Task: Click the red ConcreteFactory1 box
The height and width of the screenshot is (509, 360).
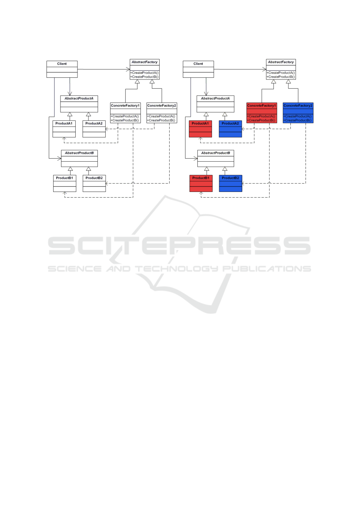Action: (x=261, y=113)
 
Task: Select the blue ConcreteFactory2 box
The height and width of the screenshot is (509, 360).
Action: (x=298, y=113)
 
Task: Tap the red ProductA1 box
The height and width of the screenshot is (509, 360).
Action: (x=200, y=129)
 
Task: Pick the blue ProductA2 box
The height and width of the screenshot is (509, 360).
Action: (x=230, y=129)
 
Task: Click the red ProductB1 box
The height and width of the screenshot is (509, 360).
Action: (x=201, y=183)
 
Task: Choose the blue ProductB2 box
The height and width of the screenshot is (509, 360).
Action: (x=230, y=183)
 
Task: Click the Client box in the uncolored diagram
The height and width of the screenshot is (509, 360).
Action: (x=62, y=69)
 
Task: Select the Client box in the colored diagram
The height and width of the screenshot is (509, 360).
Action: (x=198, y=69)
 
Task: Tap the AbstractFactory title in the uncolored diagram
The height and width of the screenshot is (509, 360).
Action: (x=144, y=62)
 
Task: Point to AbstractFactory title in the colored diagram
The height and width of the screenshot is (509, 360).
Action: (x=281, y=62)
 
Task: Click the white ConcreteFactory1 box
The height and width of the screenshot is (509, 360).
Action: (x=125, y=113)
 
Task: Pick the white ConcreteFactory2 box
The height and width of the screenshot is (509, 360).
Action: (x=162, y=113)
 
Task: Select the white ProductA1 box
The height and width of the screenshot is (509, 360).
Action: (x=64, y=129)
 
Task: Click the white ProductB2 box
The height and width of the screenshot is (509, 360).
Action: (x=94, y=183)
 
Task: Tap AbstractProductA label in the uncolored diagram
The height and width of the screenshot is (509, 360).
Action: (x=79, y=99)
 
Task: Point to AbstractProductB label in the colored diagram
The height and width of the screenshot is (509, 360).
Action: (x=216, y=153)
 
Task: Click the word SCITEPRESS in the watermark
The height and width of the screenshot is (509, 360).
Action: (x=180, y=245)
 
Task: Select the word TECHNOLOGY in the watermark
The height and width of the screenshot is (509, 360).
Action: (x=176, y=269)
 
